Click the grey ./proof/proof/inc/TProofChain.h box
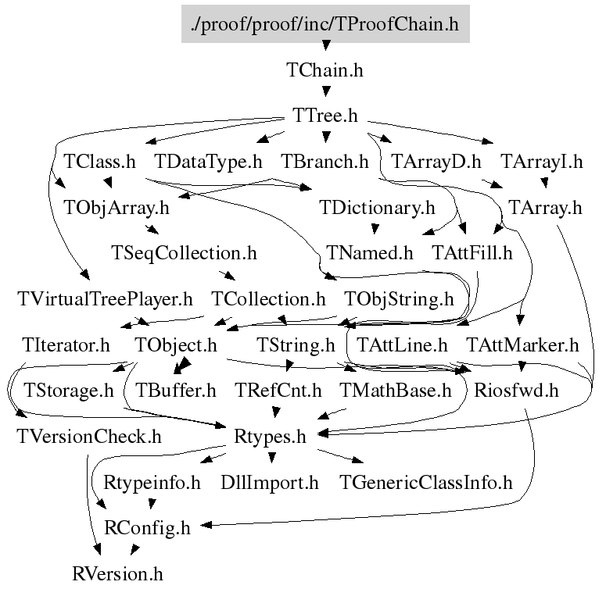pos(325,23)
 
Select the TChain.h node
pos(325,70)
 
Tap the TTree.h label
pos(325,115)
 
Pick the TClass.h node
pos(99,161)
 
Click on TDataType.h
pos(208,161)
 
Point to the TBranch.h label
pos(325,161)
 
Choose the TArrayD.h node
pos(436,161)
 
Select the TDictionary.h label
pos(377,207)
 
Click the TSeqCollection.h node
pos(184,253)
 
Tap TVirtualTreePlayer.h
pos(105,298)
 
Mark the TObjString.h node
pos(399,298)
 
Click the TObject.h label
pos(175,344)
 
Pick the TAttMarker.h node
pos(522,344)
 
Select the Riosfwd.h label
pos(516,391)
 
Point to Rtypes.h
pos(270,436)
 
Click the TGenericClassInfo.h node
pos(425,482)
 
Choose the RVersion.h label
pos(117,573)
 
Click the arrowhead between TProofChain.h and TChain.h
pos(326,45)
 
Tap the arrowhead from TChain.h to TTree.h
pos(326,91)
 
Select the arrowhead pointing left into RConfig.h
pos(206,525)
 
